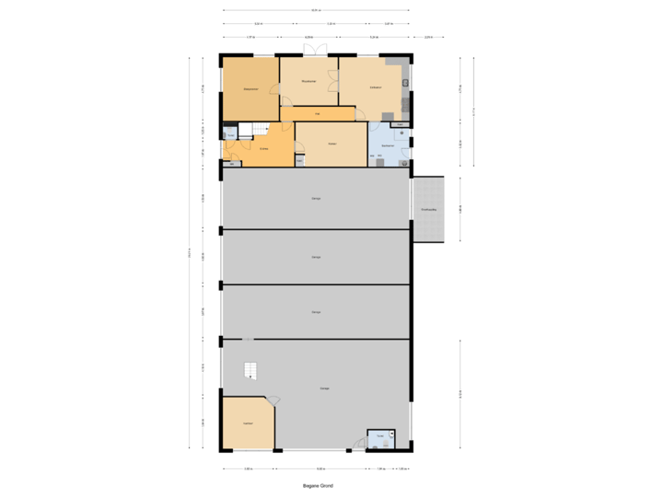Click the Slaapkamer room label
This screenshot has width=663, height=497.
pyautogui.click(x=249, y=88)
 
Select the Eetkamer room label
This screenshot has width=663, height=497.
pyautogui.click(x=376, y=87)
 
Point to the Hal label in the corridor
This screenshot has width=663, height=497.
pyautogui.click(x=318, y=114)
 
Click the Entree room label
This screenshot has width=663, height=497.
pyautogui.click(x=263, y=148)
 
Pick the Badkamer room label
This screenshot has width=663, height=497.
pyautogui.click(x=388, y=145)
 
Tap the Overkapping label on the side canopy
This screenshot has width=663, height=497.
pyautogui.click(x=428, y=210)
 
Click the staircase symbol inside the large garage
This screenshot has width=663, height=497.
pyautogui.click(x=250, y=370)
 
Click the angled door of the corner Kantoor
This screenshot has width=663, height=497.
pyautogui.click(x=273, y=400)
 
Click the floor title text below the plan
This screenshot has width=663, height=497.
pyautogui.click(x=318, y=485)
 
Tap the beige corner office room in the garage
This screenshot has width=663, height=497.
pyautogui.click(x=247, y=423)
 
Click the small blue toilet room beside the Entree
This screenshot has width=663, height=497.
pyautogui.click(x=229, y=133)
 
